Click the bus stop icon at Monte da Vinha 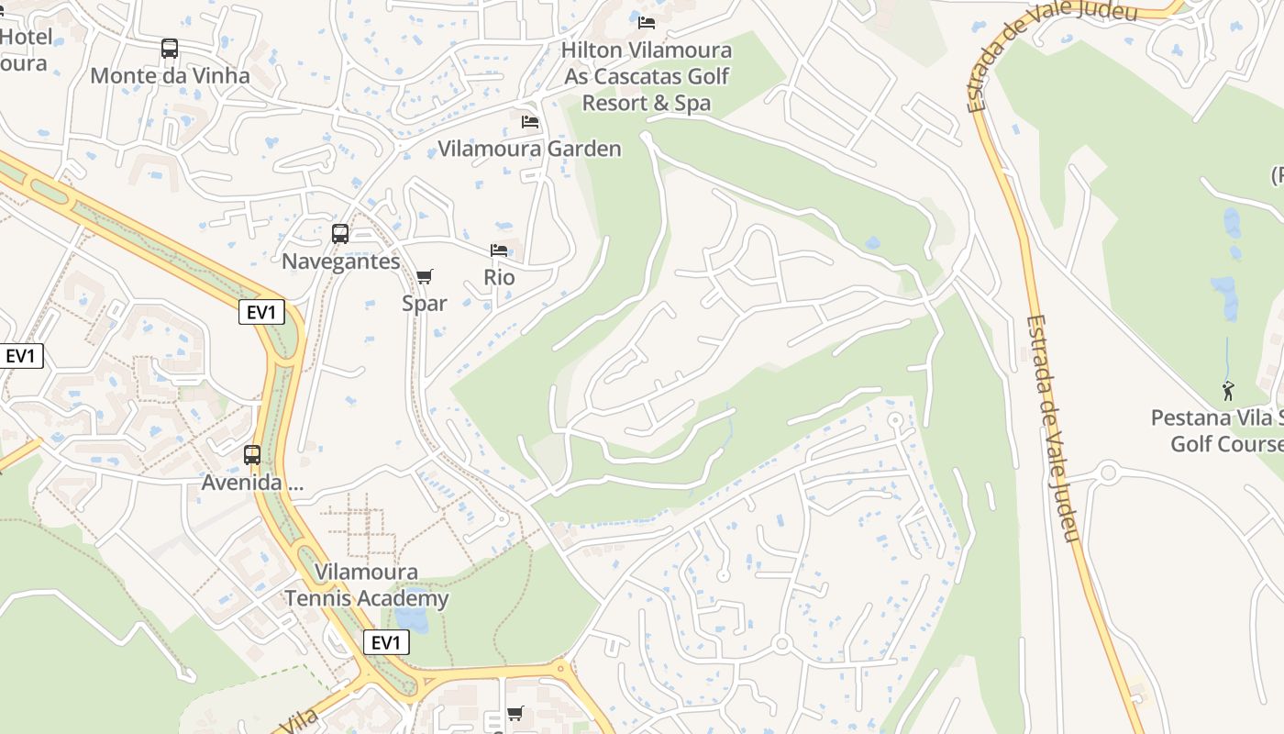[x=170, y=49]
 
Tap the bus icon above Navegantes [x=340, y=234]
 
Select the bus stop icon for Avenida [x=252, y=454]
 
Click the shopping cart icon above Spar [x=424, y=276]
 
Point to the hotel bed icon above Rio [x=499, y=250]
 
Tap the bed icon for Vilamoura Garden [x=530, y=121]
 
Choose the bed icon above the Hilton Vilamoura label [x=647, y=22]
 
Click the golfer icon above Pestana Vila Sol [x=1228, y=391]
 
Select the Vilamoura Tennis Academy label [x=366, y=585]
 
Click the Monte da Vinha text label [x=170, y=75]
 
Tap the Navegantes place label [x=340, y=261]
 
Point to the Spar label [x=424, y=303]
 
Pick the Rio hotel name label [x=499, y=277]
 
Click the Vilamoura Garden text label [x=529, y=149]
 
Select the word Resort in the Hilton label [x=614, y=103]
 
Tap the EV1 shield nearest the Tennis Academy [x=386, y=642]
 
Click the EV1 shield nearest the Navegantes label [x=261, y=312]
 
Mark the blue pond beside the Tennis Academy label [x=412, y=620]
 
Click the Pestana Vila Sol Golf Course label [x=1218, y=431]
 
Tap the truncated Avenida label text [x=252, y=482]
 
